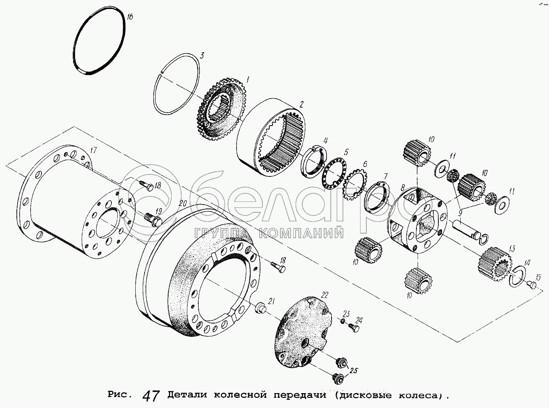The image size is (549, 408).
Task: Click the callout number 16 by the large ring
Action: point(129,17)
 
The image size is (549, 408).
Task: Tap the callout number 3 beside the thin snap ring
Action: point(202,56)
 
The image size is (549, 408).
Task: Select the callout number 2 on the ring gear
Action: point(301,104)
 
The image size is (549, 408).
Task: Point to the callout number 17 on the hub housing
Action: point(93,150)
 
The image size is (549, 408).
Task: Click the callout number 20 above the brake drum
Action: point(183,203)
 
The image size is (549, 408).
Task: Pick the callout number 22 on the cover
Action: point(325,295)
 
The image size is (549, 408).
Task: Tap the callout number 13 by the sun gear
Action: point(511,248)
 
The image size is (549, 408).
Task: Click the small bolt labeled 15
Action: point(531,285)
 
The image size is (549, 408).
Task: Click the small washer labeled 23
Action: point(343,321)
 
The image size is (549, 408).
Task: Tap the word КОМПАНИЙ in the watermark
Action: point(302,233)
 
